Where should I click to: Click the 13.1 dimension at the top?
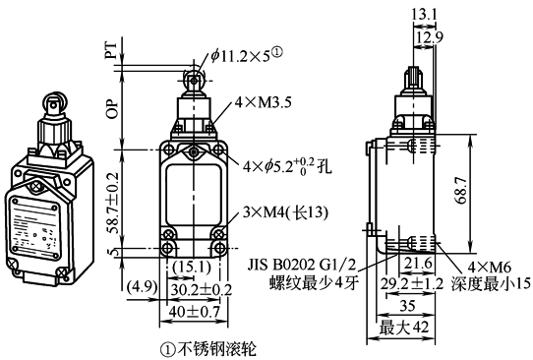click(x=424, y=15)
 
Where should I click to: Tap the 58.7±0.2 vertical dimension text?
click(x=114, y=203)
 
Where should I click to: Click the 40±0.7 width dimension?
click(x=194, y=312)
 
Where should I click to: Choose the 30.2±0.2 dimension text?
click(x=202, y=290)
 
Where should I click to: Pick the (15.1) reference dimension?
click(x=192, y=268)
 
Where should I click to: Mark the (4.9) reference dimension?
click(x=142, y=286)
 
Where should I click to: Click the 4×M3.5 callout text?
click(x=264, y=102)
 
